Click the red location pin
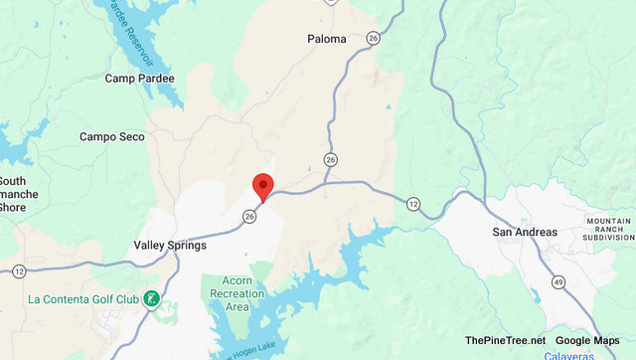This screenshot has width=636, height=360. [263, 186]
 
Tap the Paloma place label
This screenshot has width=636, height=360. [327, 39]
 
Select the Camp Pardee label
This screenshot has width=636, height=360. [140, 79]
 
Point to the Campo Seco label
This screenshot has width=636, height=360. [112, 136]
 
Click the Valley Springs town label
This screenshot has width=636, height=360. [170, 245]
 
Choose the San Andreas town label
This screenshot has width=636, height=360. [526, 232]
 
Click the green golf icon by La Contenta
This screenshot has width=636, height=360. [151, 298]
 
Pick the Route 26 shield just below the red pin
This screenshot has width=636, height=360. [249, 215]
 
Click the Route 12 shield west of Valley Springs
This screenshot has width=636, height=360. [19, 270]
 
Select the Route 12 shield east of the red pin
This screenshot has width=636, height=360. [412, 203]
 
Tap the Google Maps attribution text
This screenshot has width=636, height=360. [587, 341]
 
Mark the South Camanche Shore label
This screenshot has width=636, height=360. [19, 194]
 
